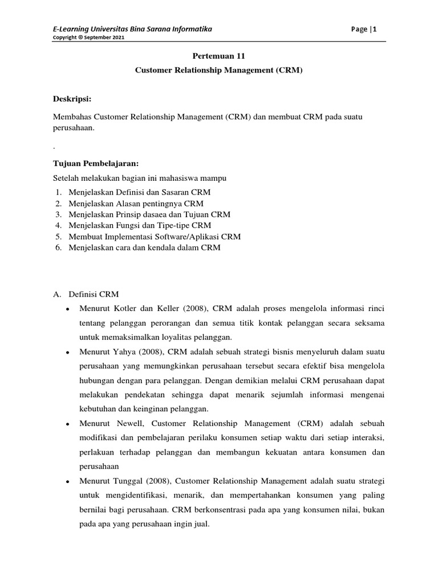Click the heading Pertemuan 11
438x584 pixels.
218,56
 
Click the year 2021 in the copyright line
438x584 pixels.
116,38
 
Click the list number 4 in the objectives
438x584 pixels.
58,225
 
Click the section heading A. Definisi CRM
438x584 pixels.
86,294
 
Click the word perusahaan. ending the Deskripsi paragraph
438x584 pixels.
73,128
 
